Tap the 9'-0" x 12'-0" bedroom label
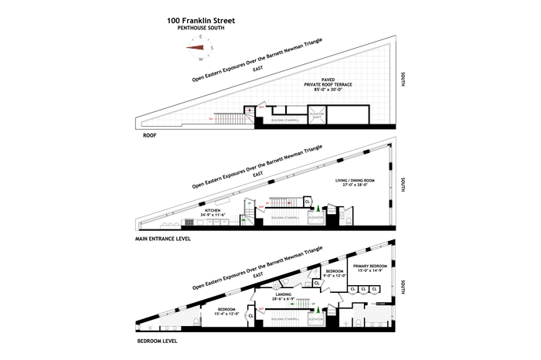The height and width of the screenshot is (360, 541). click(x=335, y=274)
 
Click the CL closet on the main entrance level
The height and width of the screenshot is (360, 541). click(x=308, y=202)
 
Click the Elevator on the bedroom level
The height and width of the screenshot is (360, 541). click(x=315, y=318)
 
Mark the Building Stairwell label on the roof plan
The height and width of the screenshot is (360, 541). click(x=281, y=121)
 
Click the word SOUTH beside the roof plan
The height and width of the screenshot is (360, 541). click(x=403, y=81)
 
